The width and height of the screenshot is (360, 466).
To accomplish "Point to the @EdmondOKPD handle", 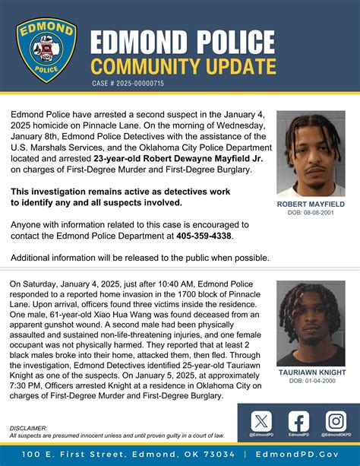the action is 336,435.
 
